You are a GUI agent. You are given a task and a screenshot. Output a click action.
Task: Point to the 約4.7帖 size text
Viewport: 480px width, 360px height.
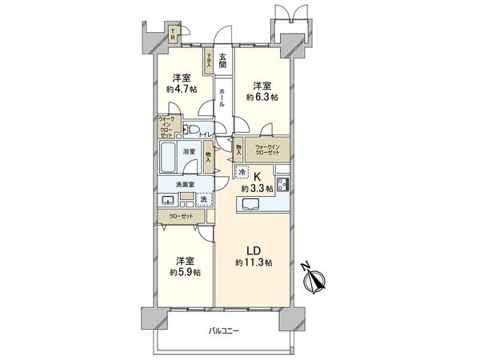pyautogui.click(x=178, y=91)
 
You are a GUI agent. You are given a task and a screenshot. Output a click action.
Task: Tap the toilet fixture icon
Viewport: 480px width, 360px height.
pyautogui.click(x=191, y=130)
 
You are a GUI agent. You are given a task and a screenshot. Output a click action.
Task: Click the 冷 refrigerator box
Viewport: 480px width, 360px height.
pyautogui.click(x=242, y=170)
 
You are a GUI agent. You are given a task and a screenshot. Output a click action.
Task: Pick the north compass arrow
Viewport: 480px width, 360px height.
pyautogui.click(x=318, y=280)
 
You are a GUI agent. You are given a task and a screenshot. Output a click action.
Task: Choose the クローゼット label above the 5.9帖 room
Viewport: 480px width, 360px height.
pyautogui.click(x=178, y=216)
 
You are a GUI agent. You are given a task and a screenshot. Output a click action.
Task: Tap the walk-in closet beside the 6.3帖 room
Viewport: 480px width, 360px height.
pyautogui.click(x=268, y=149)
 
